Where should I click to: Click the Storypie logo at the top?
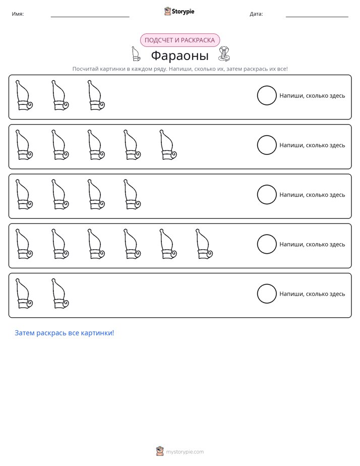[179, 11]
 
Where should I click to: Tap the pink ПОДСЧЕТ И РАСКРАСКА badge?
[179, 40]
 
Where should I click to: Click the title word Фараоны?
[179, 55]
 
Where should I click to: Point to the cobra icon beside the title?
[224, 54]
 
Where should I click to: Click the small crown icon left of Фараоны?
[136, 54]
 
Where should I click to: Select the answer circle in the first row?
[267, 95]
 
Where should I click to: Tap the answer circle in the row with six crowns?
[267, 244]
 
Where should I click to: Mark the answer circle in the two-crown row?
[267, 294]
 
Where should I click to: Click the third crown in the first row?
[96, 95]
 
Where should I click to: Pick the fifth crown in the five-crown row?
[168, 145]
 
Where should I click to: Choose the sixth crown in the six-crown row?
[204, 244]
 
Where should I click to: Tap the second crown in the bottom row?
[60, 294]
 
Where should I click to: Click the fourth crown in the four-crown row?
[132, 194]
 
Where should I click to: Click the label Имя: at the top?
[18, 14]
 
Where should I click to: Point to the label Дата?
[256, 14]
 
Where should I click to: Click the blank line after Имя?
[90, 17]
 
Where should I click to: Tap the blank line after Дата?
[317, 17]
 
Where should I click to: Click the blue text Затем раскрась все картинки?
[65, 333]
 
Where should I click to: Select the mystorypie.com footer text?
[185, 452]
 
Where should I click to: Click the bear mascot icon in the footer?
[160, 451]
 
